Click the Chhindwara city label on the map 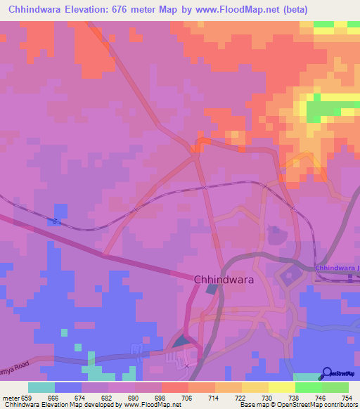224,279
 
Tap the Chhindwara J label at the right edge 337,268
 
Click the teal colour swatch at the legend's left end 41,387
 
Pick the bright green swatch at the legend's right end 335,387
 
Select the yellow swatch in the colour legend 255,387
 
